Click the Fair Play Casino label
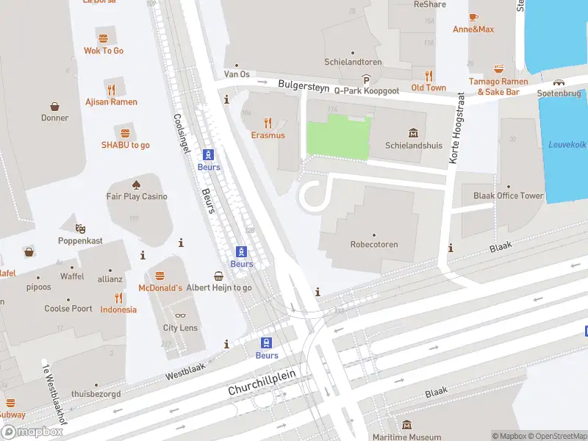[x=137, y=196]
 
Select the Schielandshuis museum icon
[x=413, y=133]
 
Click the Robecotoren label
[x=373, y=244]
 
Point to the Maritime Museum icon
[x=406, y=425]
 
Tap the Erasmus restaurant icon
[x=268, y=123]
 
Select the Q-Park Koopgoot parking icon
[x=366, y=79]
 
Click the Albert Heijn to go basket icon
[x=219, y=276]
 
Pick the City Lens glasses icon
[x=180, y=316]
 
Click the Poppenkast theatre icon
[x=79, y=229]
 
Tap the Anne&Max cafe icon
[x=473, y=17]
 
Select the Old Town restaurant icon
[x=429, y=76]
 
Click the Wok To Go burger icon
[x=103, y=38]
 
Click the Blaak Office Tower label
[x=509, y=196]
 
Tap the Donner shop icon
[x=54, y=106]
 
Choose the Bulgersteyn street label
[x=304, y=86]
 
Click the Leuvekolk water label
[x=567, y=144]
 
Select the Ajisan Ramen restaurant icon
[x=111, y=90]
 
